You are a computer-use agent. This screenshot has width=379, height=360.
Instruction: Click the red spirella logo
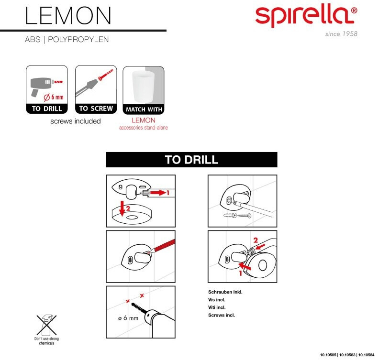(x=306, y=17)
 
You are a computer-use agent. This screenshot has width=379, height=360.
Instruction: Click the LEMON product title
(x=68, y=16)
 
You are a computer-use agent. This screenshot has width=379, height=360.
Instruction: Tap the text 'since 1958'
(x=341, y=34)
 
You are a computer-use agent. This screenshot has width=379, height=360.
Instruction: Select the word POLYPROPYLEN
(x=78, y=39)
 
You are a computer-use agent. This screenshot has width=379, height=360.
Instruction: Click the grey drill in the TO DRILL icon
(x=41, y=85)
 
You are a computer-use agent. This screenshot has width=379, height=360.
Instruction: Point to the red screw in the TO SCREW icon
(x=105, y=75)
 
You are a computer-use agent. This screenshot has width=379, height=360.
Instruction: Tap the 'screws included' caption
(x=76, y=121)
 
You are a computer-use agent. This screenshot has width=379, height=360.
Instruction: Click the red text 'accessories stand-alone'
(x=144, y=128)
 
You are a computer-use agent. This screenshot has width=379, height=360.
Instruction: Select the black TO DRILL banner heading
(x=191, y=160)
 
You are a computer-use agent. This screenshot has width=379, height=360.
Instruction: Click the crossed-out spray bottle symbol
(x=46, y=325)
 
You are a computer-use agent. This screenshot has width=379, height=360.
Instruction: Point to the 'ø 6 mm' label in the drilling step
(x=128, y=318)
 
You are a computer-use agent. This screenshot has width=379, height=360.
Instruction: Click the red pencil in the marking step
(x=161, y=247)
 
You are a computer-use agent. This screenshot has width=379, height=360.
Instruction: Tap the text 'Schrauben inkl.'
(x=225, y=292)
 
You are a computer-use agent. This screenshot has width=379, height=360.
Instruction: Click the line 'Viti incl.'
(x=217, y=307)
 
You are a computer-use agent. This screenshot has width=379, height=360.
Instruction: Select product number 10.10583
(x=347, y=355)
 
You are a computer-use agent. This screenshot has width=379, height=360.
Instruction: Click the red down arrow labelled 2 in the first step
(x=123, y=208)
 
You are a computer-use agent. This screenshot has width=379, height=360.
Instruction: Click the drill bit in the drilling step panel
(x=139, y=308)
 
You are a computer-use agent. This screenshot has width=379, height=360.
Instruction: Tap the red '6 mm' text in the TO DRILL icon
(x=57, y=98)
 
